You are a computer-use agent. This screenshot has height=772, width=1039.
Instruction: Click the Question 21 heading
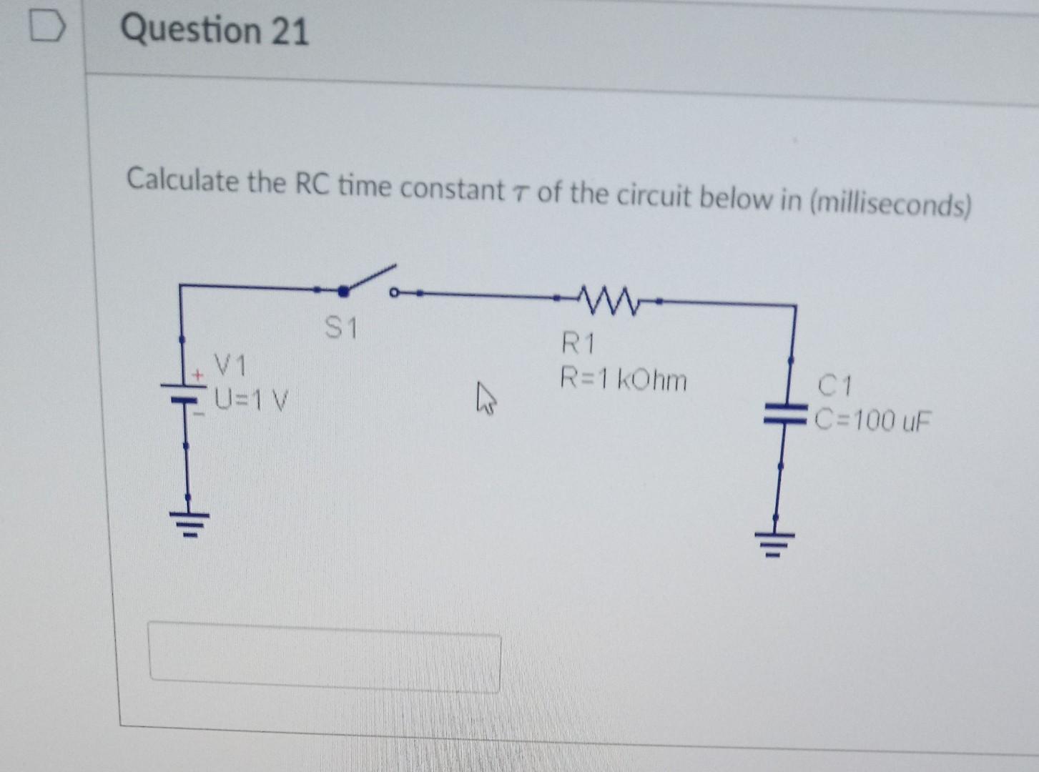(x=214, y=31)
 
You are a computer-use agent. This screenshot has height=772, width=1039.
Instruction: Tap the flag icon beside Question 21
(x=47, y=28)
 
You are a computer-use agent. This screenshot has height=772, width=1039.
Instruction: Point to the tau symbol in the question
(x=520, y=193)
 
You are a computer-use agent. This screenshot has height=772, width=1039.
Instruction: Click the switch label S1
(x=340, y=328)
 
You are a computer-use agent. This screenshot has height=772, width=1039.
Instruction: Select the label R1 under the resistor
(x=577, y=344)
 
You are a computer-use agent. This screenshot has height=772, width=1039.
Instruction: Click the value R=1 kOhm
(x=623, y=379)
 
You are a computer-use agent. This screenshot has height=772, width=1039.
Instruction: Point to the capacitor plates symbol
(x=785, y=413)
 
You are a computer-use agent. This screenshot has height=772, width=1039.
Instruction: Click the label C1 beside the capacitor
(x=834, y=386)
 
